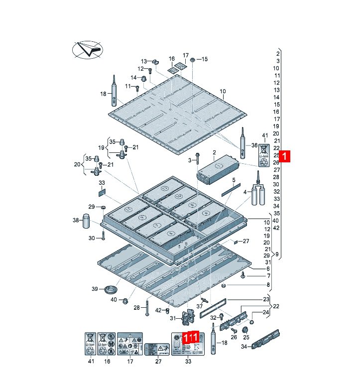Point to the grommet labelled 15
(x=193, y=59)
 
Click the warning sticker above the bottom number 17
(x=130, y=344)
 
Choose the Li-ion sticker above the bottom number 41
(x=90, y=344)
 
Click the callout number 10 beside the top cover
(x=223, y=91)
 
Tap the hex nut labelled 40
(x=124, y=301)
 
